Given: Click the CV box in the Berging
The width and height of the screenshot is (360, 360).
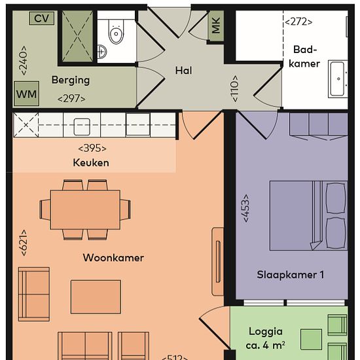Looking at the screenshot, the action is point(42,18).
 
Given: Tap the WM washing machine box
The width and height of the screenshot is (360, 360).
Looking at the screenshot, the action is point(26,94).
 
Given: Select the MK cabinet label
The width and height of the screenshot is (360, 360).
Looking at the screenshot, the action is point(216,26).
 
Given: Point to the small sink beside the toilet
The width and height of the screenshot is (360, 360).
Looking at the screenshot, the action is point(101,52).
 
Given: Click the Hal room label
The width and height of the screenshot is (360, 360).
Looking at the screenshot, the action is point(183,71).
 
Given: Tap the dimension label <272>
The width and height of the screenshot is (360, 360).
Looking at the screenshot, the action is point(298,22).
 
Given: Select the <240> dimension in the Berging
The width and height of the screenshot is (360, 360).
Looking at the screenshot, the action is point(24,60).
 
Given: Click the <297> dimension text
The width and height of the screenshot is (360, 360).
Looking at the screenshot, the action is point(71,99).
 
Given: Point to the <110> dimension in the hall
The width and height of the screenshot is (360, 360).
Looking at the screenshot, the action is point(235,88).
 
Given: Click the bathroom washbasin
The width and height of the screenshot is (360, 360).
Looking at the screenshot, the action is point(338,79).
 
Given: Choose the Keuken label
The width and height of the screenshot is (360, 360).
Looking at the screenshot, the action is point(91,163).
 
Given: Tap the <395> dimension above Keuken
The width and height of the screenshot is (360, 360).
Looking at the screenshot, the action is point(92,149).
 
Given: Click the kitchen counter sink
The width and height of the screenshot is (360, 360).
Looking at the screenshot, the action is point(82,126).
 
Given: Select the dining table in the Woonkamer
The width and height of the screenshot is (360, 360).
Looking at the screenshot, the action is point(85,209).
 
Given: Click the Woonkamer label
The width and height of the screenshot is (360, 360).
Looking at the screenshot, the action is point(113,258).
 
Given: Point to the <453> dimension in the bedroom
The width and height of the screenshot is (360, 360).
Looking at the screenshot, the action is point(245,208).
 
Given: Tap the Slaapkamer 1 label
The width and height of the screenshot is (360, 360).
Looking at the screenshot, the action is point(291,275).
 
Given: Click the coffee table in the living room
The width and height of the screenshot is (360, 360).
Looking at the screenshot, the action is point(96,297).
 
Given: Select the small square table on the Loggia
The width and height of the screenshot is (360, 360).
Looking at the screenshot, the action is point(311,340).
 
